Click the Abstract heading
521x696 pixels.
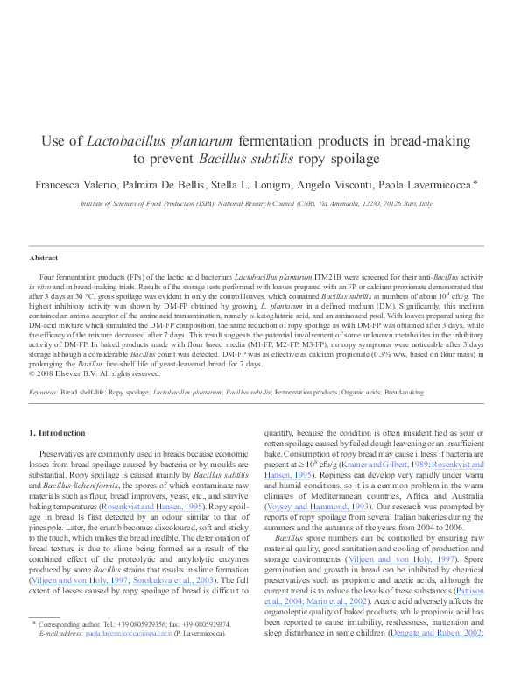click(44, 258)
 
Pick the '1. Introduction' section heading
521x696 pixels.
click(58, 432)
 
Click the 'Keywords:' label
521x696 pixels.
click(44, 392)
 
